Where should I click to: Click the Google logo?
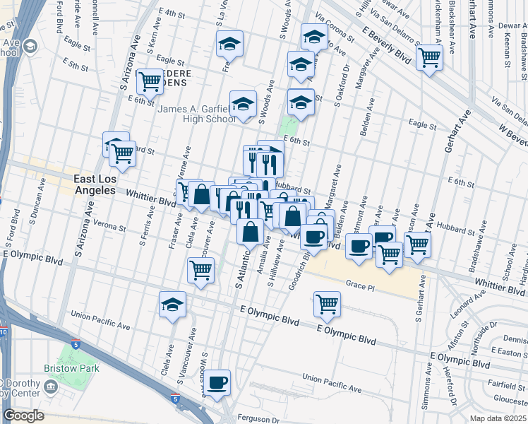24,416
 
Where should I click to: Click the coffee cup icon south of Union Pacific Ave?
217,382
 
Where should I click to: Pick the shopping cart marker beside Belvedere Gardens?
150,82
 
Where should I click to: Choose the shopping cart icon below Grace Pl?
327,305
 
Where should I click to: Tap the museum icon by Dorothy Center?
50,387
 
